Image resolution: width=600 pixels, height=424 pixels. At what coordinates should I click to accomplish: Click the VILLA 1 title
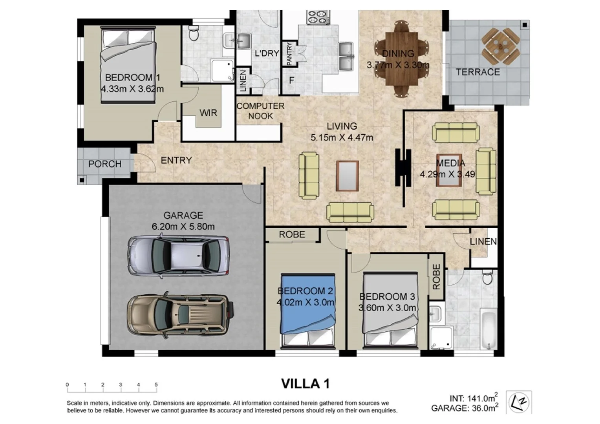coord(305,384)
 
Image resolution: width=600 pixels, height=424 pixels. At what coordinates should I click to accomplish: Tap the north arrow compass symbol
coord(519,402)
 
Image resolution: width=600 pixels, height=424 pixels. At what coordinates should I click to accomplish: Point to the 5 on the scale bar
coord(156,384)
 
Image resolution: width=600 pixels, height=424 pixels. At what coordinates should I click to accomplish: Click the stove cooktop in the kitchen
coord(318,17)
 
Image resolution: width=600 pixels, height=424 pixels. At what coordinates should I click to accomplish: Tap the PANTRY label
coord(289,54)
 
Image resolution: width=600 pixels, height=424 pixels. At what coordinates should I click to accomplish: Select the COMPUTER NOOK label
coord(260,111)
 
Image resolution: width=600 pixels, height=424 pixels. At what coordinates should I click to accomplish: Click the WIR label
coord(208,113)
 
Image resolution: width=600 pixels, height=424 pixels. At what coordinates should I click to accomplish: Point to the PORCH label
coord(105,164)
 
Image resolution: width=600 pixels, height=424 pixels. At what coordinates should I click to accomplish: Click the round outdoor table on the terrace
coord(500,47)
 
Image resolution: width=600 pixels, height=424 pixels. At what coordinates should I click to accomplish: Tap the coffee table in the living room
coord(348,176)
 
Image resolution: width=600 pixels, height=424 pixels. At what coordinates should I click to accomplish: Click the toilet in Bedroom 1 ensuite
coord(193,33)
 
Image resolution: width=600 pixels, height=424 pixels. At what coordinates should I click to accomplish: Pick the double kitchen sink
coord(346,57)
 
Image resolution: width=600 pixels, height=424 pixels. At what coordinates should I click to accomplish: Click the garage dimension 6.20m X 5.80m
coord(183,227)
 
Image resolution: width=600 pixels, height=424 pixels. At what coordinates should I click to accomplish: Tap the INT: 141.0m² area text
coord(474,398)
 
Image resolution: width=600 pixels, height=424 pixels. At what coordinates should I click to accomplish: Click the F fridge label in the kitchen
coord(291,80)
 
